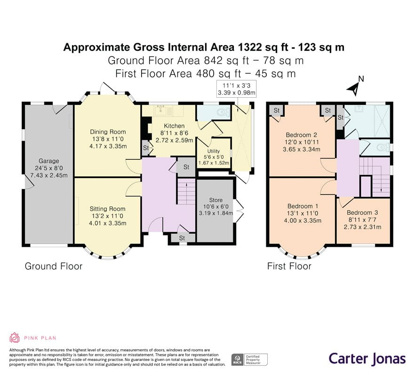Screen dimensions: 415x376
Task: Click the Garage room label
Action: pos(49,161)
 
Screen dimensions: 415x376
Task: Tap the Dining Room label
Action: pos(108,132)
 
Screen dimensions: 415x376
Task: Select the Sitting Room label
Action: pos(107,209)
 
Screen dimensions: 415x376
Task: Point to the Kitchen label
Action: pos(174,126)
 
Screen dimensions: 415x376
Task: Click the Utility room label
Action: pos(214,151)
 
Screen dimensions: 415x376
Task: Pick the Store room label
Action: pos(215,200)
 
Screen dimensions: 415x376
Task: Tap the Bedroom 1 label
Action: pos(303,206)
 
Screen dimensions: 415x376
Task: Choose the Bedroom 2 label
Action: pos(302,135)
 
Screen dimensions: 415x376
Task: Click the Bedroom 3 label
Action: pos(362,212)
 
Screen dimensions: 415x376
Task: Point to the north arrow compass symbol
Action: pos(355,87)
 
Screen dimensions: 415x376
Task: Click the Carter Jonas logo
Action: pos(367,359)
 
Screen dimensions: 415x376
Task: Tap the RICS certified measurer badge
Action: pos(249,360)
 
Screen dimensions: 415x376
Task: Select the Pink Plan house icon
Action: pos(15,337)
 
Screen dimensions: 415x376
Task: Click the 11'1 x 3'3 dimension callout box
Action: pos(236,89)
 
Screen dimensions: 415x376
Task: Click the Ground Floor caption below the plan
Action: pos(54,266)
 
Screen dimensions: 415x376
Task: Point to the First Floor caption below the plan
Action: pos(289,266)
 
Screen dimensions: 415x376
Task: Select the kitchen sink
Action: pos(160,111)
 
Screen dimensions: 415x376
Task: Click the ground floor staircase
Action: pos(186,191)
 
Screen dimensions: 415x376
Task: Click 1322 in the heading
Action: pos(249,47)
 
